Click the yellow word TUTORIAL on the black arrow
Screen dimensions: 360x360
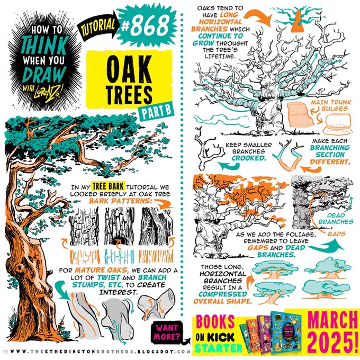pyautogui.click(x=98, y=27)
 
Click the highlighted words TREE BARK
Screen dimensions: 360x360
pyautogui.click(x=109, y=186)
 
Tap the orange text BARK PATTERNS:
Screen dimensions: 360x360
pyautogui.click(x=121, y=201)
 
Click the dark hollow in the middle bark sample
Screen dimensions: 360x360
pyautogui.click(x=120, y=241)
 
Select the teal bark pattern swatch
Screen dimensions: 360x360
pyautogui.click(x=119, y=256)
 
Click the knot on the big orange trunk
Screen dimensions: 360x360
pyautogui.click(x=19, y=268)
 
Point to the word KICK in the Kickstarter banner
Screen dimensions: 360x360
pyautogui.click(x=221, y=338)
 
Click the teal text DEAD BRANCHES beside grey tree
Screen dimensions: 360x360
pyautogui.click(x=336, y=219)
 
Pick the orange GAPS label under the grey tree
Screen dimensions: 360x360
pyautogui.click(x=336, y=234)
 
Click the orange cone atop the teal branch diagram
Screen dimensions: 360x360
pyautogui.click(x=298, y=21)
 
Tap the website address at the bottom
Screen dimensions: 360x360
pyautogui.click(x=101, y=352)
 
